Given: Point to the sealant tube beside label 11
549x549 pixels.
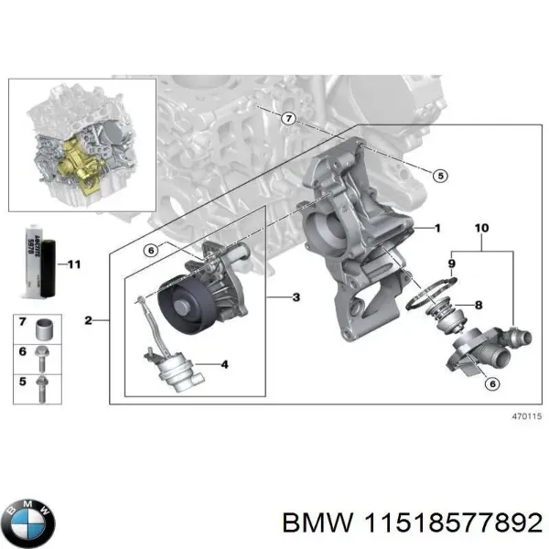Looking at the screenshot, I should click(36, 264).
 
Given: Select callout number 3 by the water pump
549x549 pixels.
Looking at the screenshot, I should click(296, 297).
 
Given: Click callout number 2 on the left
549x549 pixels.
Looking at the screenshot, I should click(88, 320).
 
